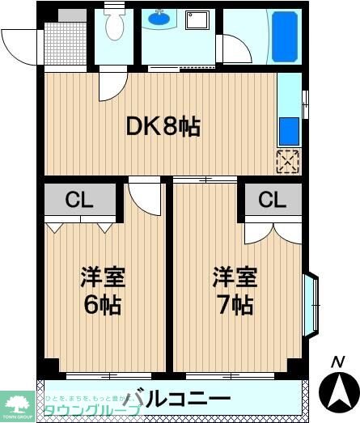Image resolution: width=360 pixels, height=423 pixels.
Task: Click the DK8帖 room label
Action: (162, 126)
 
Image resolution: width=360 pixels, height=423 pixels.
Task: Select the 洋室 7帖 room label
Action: (235, 292)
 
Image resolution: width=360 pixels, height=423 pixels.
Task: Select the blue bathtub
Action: (285, 36)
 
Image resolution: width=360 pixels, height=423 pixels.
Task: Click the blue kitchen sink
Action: (288, 129)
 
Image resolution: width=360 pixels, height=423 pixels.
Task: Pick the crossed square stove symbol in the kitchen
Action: (288, 160)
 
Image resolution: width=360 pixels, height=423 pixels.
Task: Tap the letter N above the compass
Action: (339, 362)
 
